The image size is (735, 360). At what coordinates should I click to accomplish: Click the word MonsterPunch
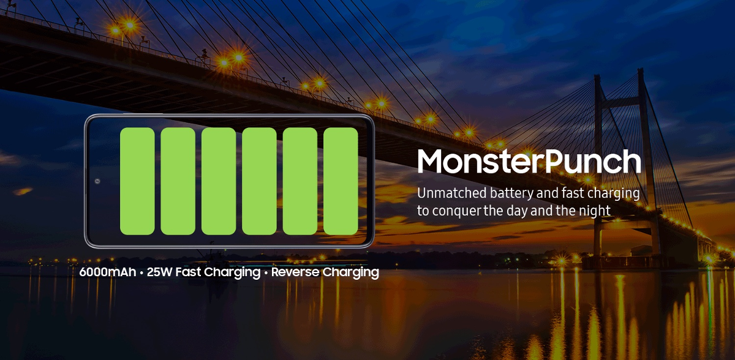pyautogui.click(x=529, y=161)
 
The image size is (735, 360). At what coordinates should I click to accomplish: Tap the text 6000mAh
pyautogui.click(x=108, y=272)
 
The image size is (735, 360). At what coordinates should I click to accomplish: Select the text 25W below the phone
pyautogui.click(x=159, y=272)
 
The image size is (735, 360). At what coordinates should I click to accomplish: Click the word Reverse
pyautogui.click(x=295, y=272)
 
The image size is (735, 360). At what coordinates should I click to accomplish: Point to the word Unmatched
pyautogui.click(x=452, y=193)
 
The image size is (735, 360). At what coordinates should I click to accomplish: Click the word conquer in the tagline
pyautogui.click(x=456, y=211)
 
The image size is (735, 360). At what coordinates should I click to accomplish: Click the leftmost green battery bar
pyautogui.click(x=137, y=181)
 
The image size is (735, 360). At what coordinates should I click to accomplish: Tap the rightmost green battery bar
pyautogui.click(x=341, y=181)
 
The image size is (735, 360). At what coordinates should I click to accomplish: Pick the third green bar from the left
pyautogui.click(x=219, y=181)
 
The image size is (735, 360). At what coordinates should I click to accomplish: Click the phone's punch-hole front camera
pyautogui.click(x=97, y=181)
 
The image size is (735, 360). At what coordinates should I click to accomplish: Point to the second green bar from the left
pyautogui.click(x=178, y=181)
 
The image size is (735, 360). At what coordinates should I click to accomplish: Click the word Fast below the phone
pyautogui.click(x=188, y=272)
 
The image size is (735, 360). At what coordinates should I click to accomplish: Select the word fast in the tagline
pyautogui.click(x=573, y=193)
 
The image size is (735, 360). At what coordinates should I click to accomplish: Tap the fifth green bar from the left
pyautogui.click(x=300, y=181)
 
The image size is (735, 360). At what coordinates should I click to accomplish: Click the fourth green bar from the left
pyautogui.click(x=259, y=181)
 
